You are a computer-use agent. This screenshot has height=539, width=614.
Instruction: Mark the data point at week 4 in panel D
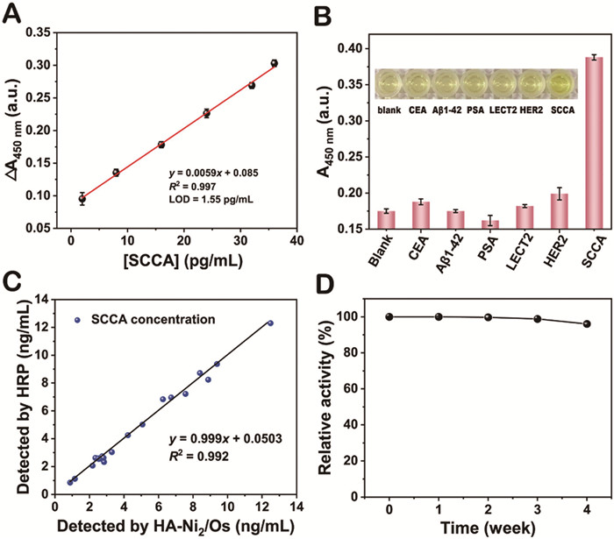coord(586,324)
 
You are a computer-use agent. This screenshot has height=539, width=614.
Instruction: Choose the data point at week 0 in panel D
coord(389,316)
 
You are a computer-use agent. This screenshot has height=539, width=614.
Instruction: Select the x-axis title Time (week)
coord(487,526)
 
